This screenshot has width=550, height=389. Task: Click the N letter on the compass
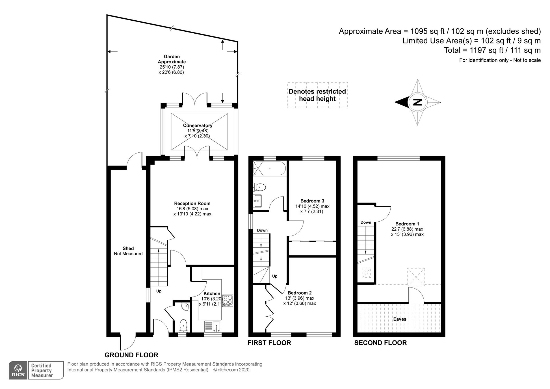[417, 102]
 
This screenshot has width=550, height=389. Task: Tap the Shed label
[128, 248]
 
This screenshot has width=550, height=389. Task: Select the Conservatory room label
[198, 126]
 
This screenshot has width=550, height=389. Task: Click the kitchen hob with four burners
[227, 300]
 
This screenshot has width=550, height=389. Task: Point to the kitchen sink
[213, 326]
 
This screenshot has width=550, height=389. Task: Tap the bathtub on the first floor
[269, 168]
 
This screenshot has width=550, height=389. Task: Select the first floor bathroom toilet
[259, 187]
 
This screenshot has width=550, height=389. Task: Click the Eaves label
[400, 319]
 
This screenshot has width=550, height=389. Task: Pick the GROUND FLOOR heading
[131, 355]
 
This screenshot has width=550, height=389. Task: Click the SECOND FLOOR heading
[380, 343]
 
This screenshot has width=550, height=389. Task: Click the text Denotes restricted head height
[317, 95]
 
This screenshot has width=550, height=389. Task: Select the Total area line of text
[492, 50]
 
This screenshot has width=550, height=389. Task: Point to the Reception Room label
[192, 203]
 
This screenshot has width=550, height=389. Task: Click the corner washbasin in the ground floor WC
[185, 306]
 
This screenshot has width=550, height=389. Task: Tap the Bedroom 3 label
[312, 201]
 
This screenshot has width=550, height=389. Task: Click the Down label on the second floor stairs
[365, 222]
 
